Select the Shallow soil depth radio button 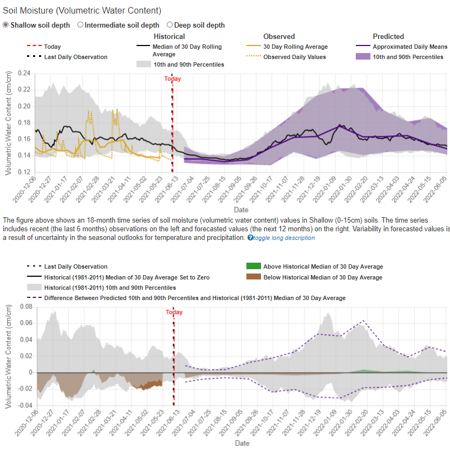click(x=6, y=25)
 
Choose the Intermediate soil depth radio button click(x=81, y=25)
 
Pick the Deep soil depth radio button click(x=169, y=25)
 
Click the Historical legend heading click(x=169, y=36)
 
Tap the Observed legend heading click(x=279, y=36)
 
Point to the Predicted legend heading click(x=388, y=36)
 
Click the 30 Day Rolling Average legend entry click(x=295, y=47)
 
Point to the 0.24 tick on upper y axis click(x=24, y=73)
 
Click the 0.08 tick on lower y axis click(x=26, y=307)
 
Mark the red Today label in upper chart click(x=173, y=79)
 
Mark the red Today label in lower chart click(x=174, y=313)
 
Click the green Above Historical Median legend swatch click(x=253, y=266)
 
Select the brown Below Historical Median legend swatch click(x=253, y=277)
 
